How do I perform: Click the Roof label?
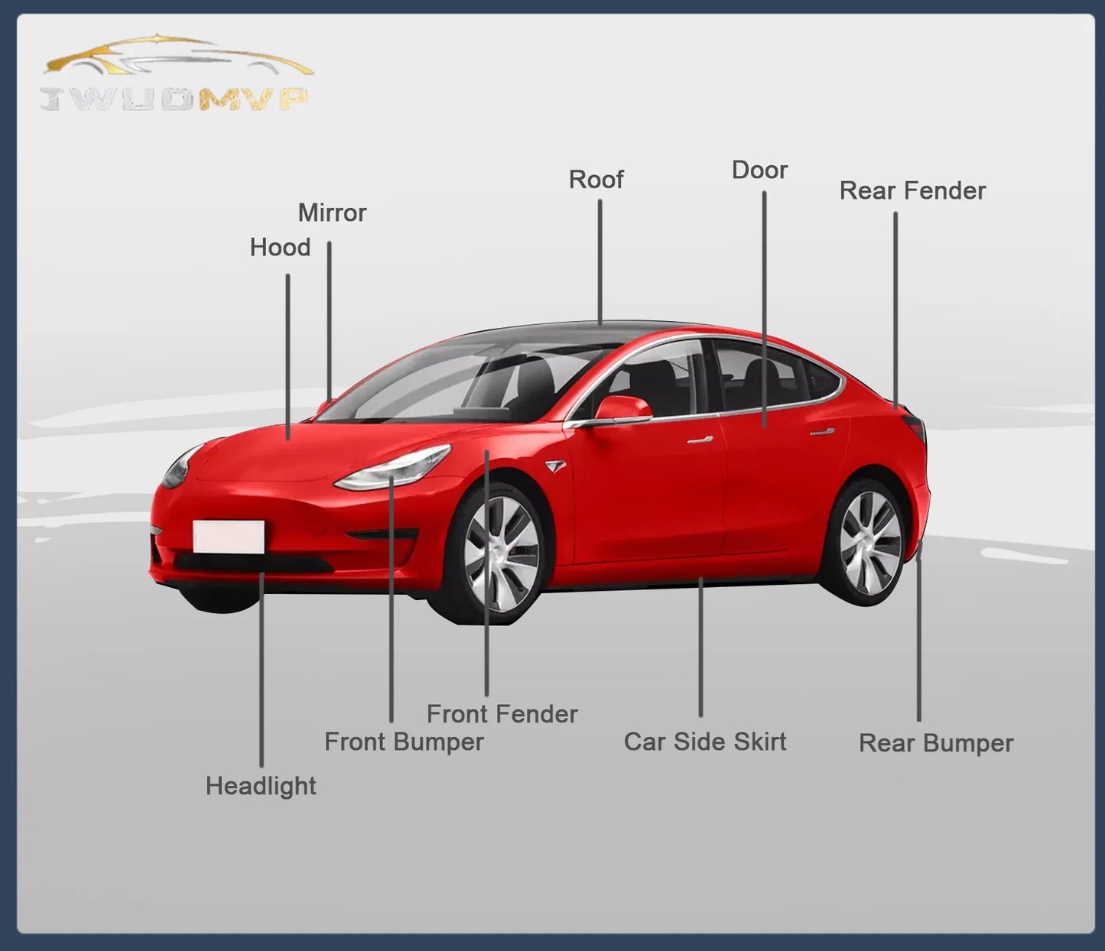(596, 180)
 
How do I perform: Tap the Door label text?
(759, 170)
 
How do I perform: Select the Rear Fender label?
(912, 191)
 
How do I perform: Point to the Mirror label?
(332, 213)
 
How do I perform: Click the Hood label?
(280, 248)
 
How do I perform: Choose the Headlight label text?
(261, 786)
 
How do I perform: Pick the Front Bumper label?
(405, 742)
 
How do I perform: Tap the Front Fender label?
(502, 714)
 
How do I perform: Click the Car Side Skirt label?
(705, 742)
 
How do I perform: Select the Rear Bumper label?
(936, 744)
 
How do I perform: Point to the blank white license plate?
(229, 537)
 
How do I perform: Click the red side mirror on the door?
(622, 408)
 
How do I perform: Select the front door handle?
(700, 440)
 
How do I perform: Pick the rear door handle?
(822, 431)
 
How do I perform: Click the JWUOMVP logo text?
(174, 99)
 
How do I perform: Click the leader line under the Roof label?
(600, 262)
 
